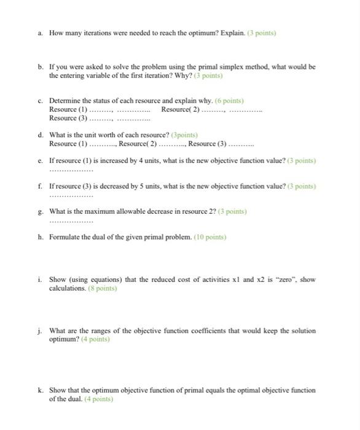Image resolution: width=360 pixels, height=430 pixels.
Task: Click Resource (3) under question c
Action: click(68, 117)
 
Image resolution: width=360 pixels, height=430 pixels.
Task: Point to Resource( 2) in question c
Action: click(180, 109)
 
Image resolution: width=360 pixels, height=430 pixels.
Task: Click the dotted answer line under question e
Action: click(71, 170)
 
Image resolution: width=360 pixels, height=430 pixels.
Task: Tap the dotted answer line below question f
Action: click(71, 195)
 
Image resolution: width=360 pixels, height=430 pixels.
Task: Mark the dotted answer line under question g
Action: click(71, 221)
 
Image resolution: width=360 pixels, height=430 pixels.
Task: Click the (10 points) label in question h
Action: click(210, 237)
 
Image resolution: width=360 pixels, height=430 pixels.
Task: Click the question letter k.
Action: click(40, 390)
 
